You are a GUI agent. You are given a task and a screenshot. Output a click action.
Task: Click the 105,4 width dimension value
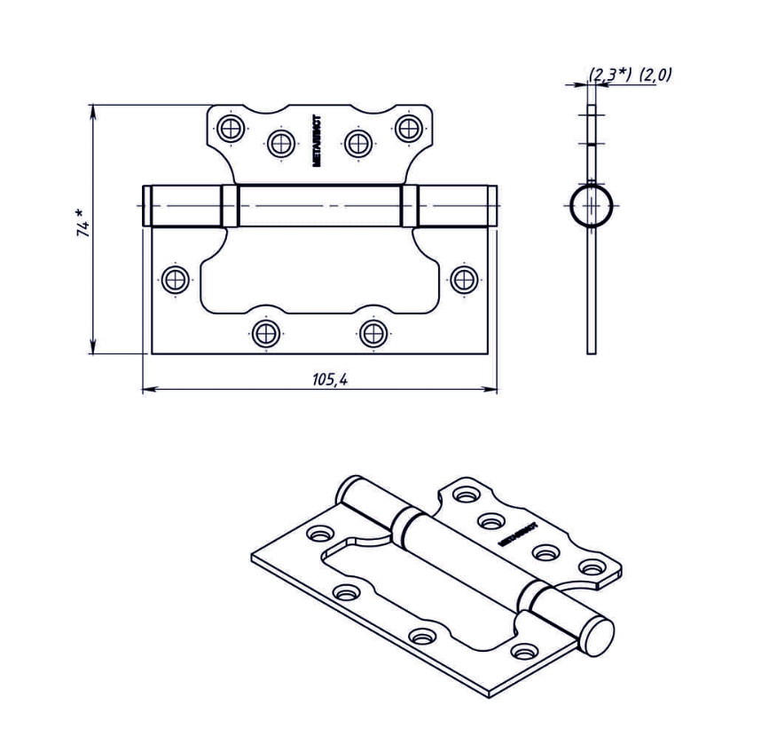(x=329, y=379)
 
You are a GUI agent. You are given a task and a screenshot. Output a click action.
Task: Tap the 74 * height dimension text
(x=82, y=221)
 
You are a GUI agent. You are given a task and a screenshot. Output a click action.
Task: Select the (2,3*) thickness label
(x=610, y=75)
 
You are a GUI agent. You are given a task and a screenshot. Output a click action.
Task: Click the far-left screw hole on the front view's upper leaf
(x=231, y=128)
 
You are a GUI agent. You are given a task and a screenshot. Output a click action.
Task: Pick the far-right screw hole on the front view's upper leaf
(x=408, y=128)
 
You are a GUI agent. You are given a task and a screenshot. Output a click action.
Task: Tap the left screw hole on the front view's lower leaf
(x=176, y=280)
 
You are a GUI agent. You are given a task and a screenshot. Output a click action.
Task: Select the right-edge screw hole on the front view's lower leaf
(x=464, y=280)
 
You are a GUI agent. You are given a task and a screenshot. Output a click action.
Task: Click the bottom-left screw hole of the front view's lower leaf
(x=265, y=334)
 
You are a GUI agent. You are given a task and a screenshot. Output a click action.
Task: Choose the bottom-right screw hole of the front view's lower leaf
(x=373, y=334)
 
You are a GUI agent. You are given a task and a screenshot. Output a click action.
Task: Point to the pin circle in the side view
(x=591, y=205)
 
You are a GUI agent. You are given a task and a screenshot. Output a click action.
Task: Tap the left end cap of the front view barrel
(x=146, y=206)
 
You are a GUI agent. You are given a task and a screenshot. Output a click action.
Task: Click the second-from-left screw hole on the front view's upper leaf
(x=282, y=142)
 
